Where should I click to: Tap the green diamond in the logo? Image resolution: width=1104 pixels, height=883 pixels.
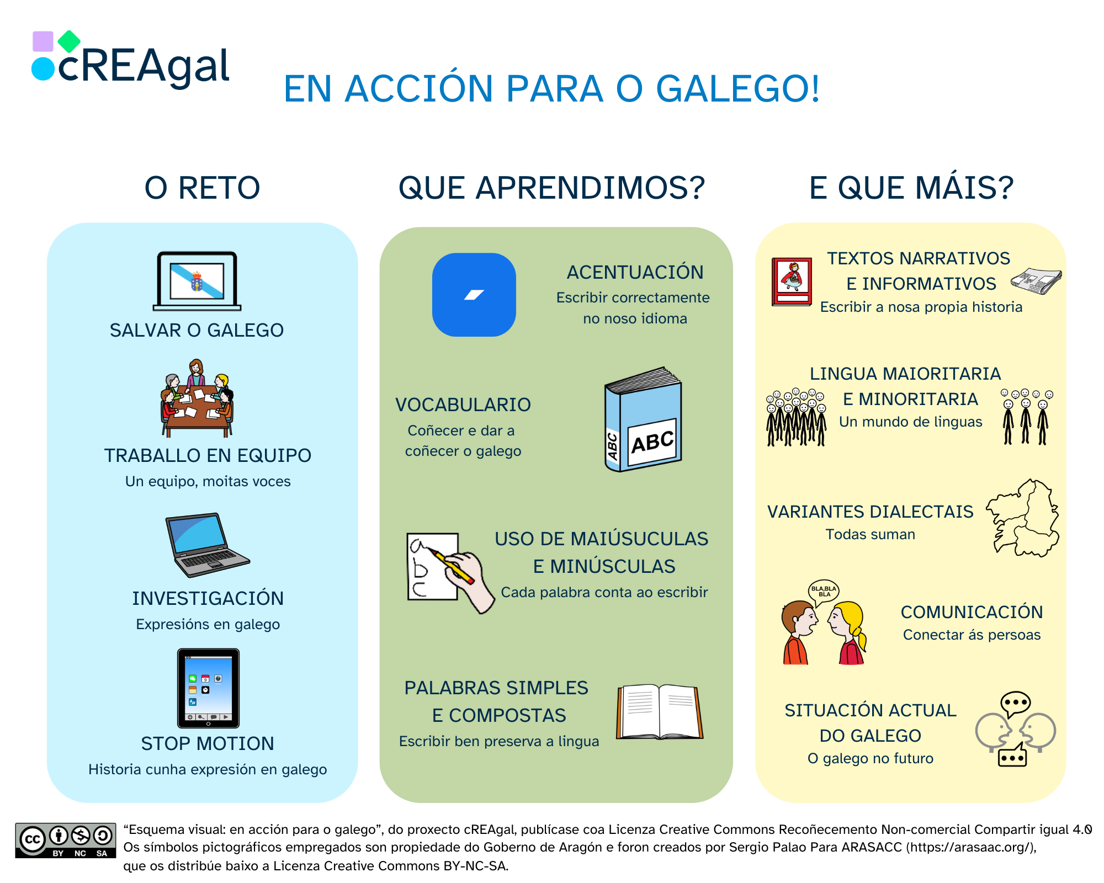[x=69, y=41]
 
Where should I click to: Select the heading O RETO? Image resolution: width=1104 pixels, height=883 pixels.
[x=202, y=188]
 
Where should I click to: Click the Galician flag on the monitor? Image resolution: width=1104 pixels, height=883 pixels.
[x=197, y=280]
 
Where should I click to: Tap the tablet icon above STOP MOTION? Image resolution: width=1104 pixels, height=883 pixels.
[x=208, y=688]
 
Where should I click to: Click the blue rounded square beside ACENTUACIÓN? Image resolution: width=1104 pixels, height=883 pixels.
[x=474, y=295]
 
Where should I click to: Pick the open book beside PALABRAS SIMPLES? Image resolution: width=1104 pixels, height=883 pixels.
[x=659, y=712]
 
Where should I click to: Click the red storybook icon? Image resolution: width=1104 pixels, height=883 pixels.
[x=792, y=281]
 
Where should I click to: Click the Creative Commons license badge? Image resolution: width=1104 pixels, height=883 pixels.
[x=65, y=840]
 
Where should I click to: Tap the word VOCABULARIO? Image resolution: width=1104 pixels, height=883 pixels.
[x=463, y=405]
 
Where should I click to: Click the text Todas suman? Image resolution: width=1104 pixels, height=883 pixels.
[x=870, y=534]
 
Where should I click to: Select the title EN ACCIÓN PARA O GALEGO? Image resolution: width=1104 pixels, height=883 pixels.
[x=551, y=89]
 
